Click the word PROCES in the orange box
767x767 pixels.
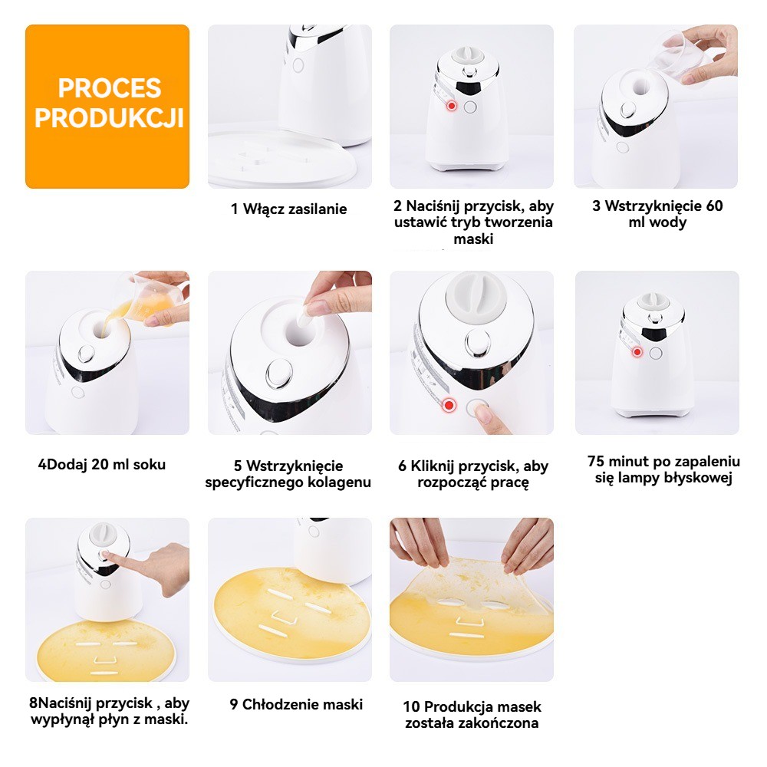point(110,88)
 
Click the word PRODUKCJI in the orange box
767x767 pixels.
point(109,118)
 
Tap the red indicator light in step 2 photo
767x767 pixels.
point(452,106)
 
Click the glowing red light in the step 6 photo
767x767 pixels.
point(449,405)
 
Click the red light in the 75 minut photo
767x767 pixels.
point(637,352)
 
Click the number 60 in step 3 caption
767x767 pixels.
point(713,206)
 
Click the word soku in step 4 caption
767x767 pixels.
point(150,464)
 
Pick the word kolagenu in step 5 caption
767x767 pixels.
point(339,482)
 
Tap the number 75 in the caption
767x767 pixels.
point(596,461)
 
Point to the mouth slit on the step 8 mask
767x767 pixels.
point(104,673)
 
